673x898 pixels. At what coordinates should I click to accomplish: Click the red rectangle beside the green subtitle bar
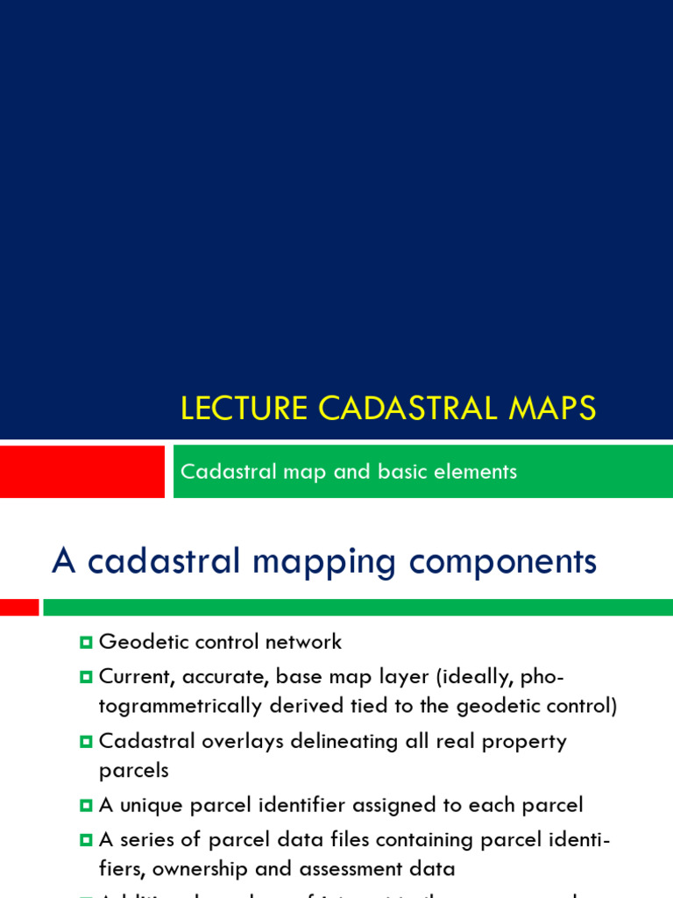(81, 471)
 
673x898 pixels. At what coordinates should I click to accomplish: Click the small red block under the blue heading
(19, 607)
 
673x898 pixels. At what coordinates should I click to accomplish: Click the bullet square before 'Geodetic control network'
(85, 643)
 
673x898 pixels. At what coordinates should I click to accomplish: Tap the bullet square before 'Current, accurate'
(85, 677)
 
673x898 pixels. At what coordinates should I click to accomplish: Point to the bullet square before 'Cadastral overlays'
(85, 742)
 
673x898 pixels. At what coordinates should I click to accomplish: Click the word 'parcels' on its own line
(133, 771)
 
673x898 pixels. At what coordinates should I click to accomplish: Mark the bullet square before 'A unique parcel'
(85, 805)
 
